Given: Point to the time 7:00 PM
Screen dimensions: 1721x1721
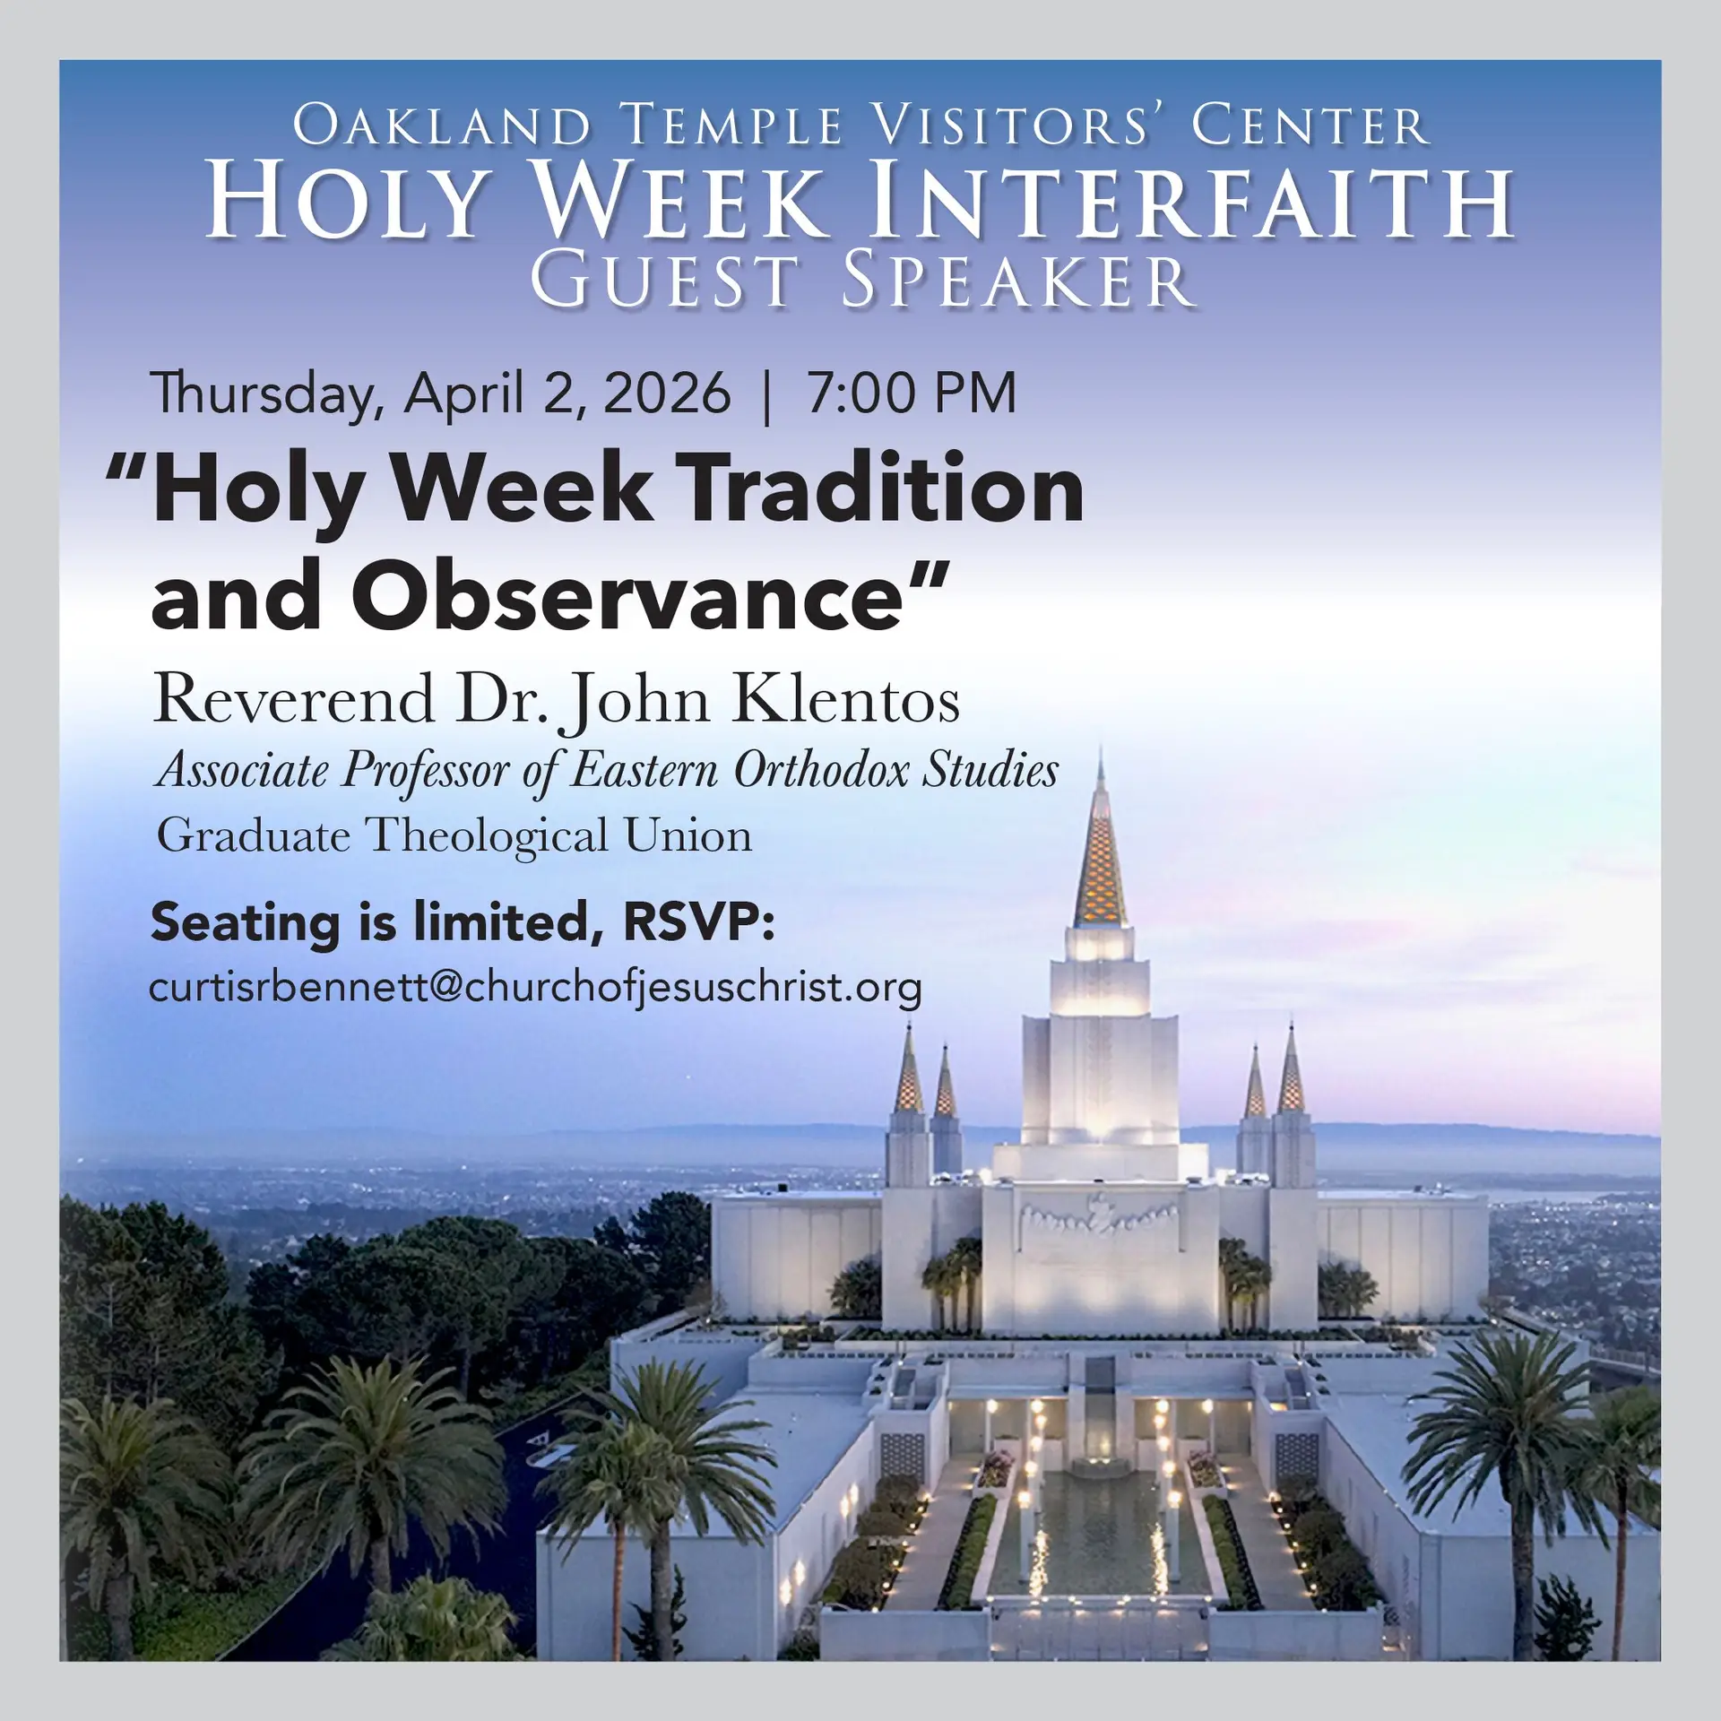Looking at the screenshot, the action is pos(911,393).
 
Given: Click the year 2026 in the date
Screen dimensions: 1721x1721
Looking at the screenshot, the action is pos(666,393).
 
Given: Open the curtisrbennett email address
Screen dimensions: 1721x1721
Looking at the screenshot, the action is pos(536,988).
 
